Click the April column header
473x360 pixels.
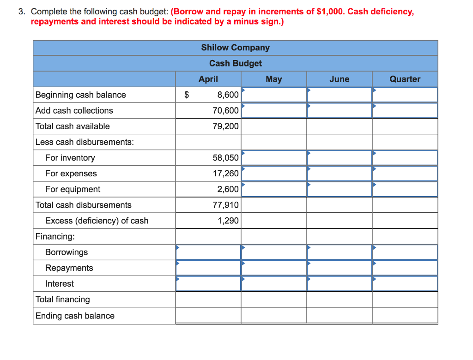208,79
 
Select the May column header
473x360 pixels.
273,79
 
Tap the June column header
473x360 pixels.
339,79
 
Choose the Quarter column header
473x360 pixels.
405,79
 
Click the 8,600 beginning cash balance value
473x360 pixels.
228,95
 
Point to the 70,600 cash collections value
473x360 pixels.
226,110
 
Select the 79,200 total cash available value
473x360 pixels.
226,126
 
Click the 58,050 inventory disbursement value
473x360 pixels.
226,157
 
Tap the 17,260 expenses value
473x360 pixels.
226,174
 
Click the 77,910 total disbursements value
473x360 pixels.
226,205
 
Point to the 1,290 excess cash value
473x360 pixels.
228,221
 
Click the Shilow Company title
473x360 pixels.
235,48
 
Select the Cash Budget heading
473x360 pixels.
235,63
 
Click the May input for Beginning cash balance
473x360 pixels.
273,95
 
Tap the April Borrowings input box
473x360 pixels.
208,252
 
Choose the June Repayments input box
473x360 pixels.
339,268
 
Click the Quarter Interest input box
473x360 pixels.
405,283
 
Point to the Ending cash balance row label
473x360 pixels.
75,316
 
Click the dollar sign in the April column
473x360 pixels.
187,95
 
